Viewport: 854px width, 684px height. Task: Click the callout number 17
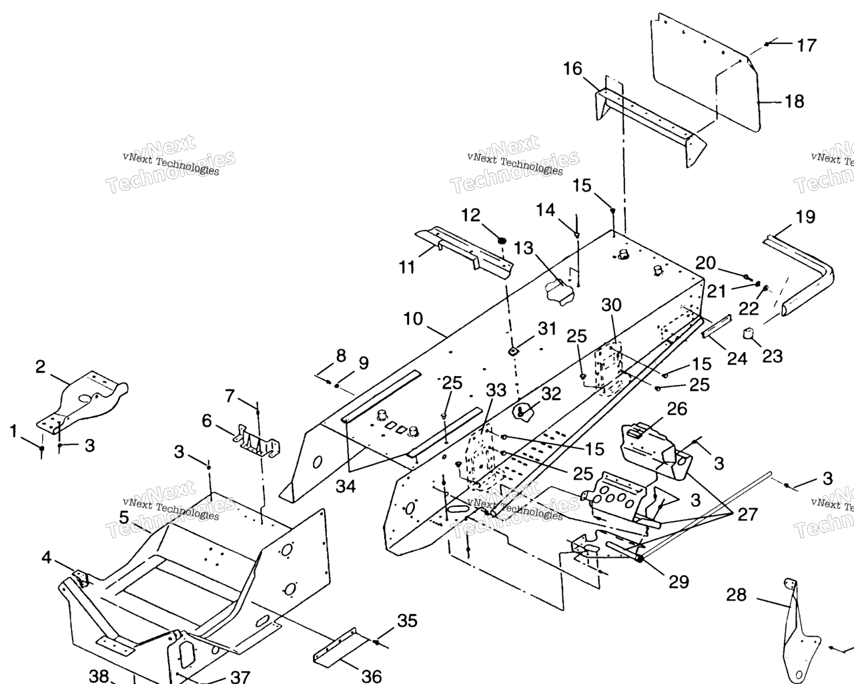tap(806, 45)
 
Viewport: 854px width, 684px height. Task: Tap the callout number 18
tap(794, 102)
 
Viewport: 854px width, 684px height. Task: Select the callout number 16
tap(572, 69)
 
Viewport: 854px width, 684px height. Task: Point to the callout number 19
tap(805, 217)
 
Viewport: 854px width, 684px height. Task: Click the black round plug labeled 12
tap(502, 240)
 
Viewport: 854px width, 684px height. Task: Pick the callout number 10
tap(413, 319)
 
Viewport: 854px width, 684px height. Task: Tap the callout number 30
tap(611, 305)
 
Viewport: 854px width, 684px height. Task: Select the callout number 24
tap(737, 359)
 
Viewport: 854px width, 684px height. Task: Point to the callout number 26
tap(677, 409)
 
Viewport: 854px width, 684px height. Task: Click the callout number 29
tap(679, 582)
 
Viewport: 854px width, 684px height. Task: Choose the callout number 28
tap(736, 594)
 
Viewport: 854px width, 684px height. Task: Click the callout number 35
tap(407, 621)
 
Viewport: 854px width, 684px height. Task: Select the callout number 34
tap(346, 486)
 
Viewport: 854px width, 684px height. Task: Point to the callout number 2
tap(41, 367)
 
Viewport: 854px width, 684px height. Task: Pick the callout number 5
tap(124, 517)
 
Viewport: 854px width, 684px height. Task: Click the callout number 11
tap(407, 267)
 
